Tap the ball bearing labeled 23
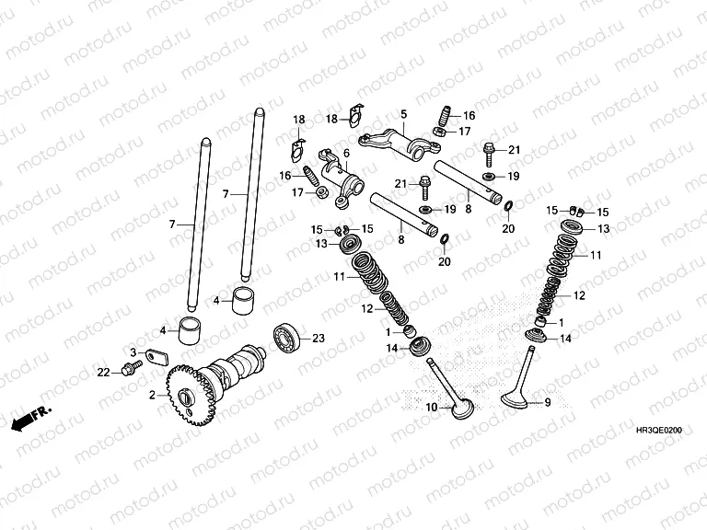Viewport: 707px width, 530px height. [287, 337]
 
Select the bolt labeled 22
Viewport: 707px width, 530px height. [132, 368]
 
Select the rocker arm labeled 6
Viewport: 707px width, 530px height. [342, 179]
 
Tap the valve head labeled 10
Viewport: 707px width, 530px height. [463, 409]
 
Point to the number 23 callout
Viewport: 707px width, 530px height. [319, 338]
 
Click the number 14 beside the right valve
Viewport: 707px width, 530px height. [565, 339]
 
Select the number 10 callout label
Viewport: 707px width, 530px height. [432, 408]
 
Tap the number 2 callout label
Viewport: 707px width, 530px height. [153, 396]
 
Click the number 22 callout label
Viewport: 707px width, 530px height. [104, 373]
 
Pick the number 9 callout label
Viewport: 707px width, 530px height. [548, 402]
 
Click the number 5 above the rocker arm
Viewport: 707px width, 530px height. [403, 114]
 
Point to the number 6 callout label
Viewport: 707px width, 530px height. [346, 154]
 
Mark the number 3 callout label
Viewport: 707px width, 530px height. [133, 352]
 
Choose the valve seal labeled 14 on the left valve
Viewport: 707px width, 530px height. [420, 346]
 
